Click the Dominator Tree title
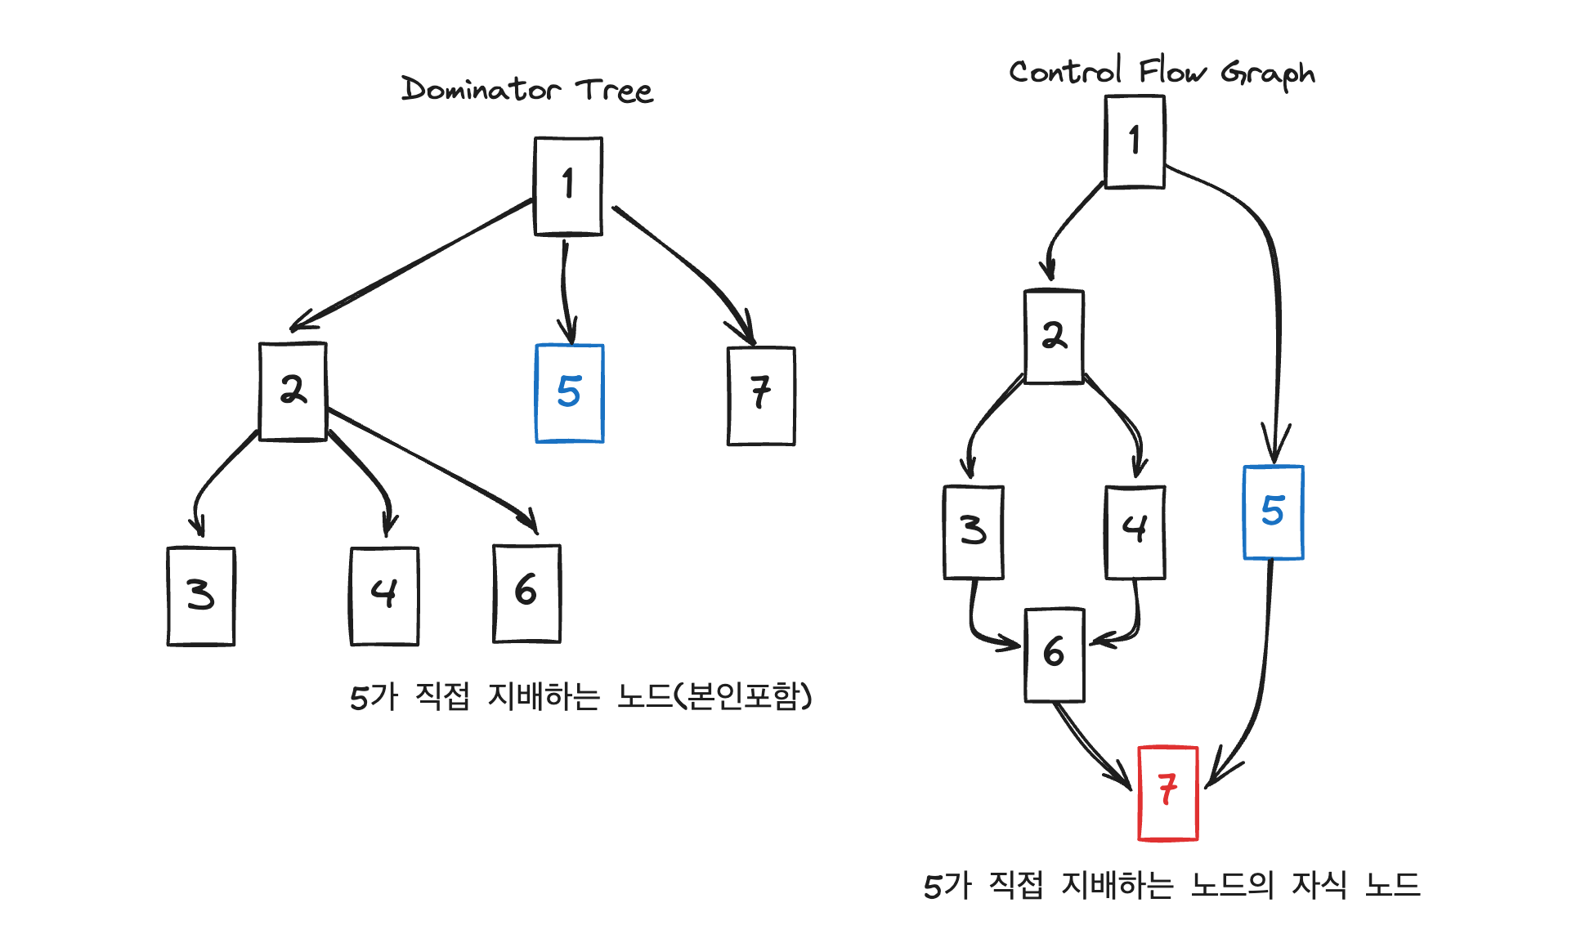click(x=526, y=89)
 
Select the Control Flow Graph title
click(x=1161, y=73)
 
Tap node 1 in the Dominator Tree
click(x=568, y=186)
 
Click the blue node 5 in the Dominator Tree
click(x=569, y=393)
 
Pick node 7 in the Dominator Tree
click(x=761, y=396)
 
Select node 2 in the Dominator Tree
click(x=293, y=391)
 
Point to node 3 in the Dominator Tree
click(x=201, y=596)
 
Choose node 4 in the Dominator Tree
click(x=384, y=596)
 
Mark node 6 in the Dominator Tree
click(x=526, y=593)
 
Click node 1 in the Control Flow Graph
click(x=1135, y=141)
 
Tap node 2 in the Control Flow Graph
click(x=1054, y=336)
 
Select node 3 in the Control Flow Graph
click(x=973, y=532)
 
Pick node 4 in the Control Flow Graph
click(x=1135, y=532)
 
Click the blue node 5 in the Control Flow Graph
click(x=1273, y=512)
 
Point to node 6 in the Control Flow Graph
click(x=1055, y=655)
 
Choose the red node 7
click(x=1167, y=793)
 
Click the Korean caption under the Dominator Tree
click(x=580, y=697)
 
